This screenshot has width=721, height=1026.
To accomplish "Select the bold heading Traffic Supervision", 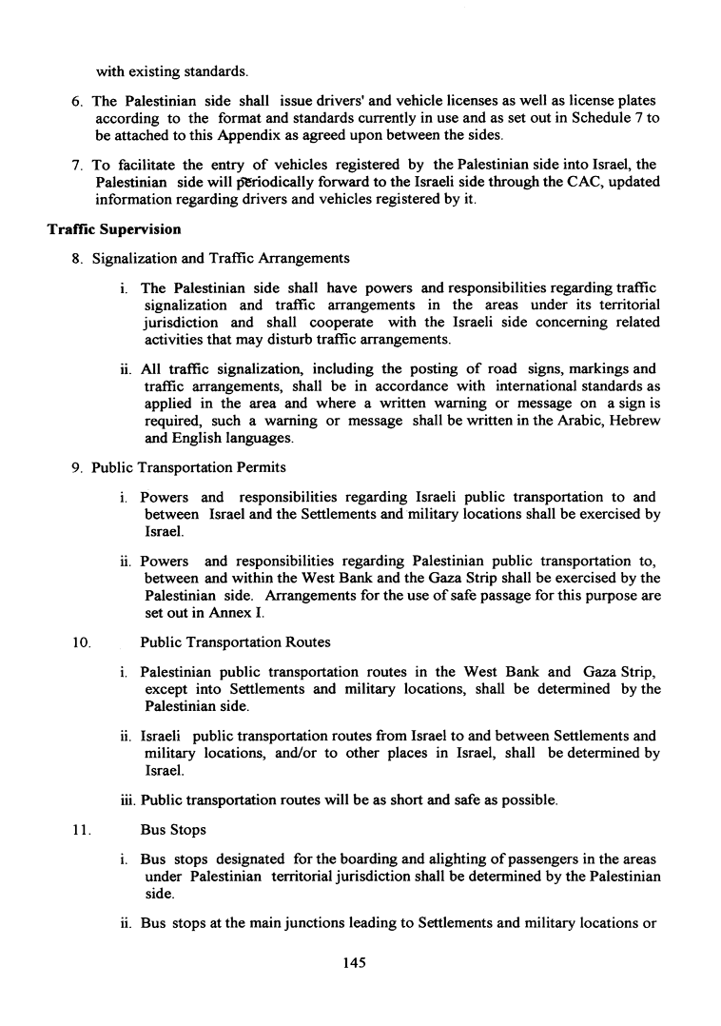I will click(x=114, y=229).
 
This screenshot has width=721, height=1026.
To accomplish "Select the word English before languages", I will click(x=201, y=439).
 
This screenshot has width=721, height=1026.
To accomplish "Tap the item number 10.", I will click(x=80, y=641).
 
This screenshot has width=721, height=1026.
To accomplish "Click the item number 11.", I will click(x=80, y=830).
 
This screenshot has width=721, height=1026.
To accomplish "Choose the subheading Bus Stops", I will click(x=172, y=830).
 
